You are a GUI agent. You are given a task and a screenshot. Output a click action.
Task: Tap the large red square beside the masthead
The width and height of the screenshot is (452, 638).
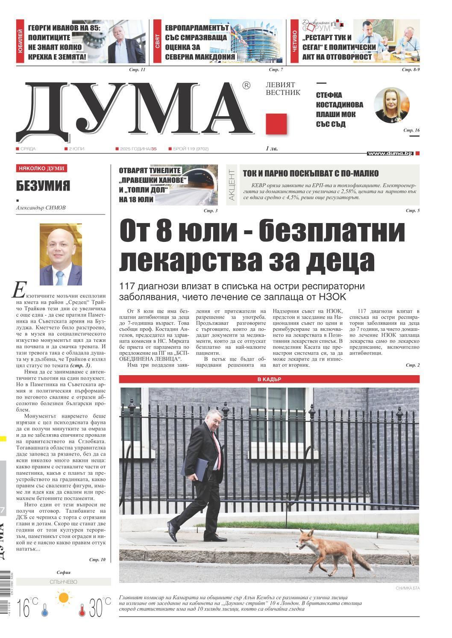click(x=276, y=124)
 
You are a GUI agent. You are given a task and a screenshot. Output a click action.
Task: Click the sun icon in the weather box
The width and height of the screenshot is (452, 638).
click(x=64, y=597)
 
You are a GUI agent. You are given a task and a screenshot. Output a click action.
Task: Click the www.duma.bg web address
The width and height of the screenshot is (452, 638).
click(x=389, y=153)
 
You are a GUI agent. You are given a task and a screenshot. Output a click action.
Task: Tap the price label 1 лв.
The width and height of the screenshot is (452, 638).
click(x=272, y=149)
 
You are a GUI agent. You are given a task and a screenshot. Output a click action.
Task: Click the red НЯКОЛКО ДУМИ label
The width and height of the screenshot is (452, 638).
click(x=42, y=168)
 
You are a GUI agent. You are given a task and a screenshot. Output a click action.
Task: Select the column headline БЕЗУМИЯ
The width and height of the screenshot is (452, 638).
click(x=43, y=186)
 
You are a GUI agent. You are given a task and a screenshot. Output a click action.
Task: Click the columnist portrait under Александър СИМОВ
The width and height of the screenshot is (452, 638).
click(x=61, y=255)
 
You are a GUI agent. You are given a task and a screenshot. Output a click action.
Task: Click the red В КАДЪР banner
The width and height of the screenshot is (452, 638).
click(x=269, y=379)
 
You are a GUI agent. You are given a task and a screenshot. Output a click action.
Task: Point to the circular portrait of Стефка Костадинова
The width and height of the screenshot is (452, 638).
click(x=391, y=105)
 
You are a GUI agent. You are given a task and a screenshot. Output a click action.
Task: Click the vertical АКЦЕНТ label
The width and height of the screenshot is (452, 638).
click(x=232, y=185)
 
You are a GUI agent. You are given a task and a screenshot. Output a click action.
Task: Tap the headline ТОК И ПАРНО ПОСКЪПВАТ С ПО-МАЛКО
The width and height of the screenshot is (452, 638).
click(x=311, y=173)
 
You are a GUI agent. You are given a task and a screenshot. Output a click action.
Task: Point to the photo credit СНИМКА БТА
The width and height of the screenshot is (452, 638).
click(x=408, y=588)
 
